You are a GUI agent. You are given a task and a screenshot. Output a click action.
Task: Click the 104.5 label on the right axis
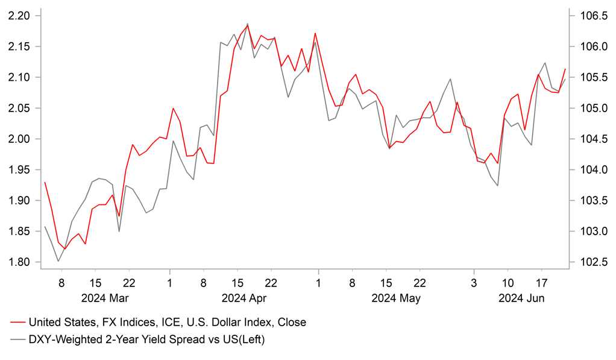(x=587, y=139)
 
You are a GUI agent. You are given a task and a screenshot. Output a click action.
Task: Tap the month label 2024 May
(x=396, y=298)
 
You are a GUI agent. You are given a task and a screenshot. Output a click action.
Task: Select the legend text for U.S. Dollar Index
(x=167, y=323)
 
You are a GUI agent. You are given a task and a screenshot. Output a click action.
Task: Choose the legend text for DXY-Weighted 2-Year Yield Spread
(x=146, y=339)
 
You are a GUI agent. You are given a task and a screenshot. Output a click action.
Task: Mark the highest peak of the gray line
(x=247, y=24)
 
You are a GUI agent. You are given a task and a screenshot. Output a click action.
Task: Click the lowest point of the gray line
(x=58, y=261)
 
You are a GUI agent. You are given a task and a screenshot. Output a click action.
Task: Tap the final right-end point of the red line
(x=565, y=69)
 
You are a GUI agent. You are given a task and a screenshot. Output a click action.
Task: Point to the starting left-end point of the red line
(x=45, y=182)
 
